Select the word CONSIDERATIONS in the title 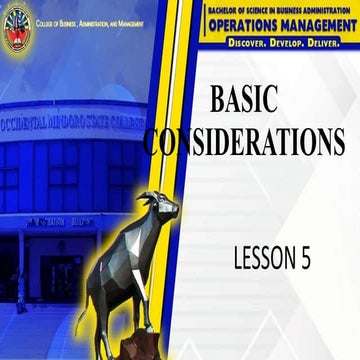click(x=246, y=143)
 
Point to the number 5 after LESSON click(x=305, y=258)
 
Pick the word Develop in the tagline click(x=279, y=44)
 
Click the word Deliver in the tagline click(x=324, y=44)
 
